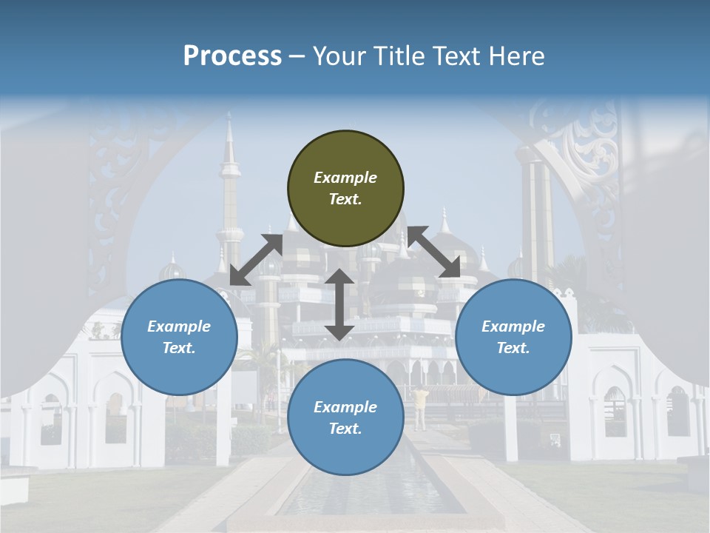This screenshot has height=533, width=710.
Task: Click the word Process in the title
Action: click(x=232, y=56)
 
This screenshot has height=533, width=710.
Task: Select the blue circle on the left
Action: click(x=179, y=338)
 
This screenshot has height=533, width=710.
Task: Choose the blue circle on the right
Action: click(x=513, y=338)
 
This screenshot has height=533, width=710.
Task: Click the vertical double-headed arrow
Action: click(x=339, y=305)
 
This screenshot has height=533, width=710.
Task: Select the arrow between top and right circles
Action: click(x=433, y=252)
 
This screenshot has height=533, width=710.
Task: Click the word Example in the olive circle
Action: click(x=345, y=178)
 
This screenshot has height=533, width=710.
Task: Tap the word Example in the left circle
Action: click(x=179, y=326)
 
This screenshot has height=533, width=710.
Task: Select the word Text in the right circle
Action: click(x=513, y=348)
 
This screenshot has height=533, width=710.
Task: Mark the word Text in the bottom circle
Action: click(x=345, y=429)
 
